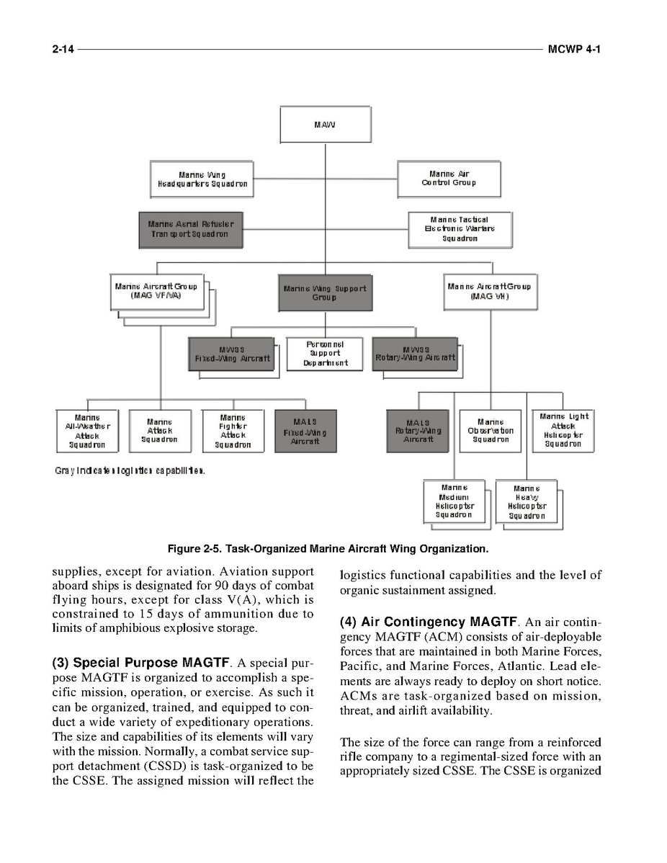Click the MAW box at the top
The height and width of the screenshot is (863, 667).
pos(325,124)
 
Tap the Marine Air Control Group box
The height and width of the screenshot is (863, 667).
pos(448,178)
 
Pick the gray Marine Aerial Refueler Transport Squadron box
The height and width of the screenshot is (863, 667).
pos(191,229)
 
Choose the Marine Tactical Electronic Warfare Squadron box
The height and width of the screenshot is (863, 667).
pos(460,229)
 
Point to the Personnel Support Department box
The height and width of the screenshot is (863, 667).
pos(325,354)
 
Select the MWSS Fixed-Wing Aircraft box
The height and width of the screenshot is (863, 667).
pos(232,354)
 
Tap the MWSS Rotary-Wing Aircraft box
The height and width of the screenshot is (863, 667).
pos(416,354)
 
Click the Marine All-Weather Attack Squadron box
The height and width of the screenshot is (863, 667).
pos(87,431)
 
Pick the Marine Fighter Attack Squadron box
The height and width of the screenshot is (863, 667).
pos(233,431)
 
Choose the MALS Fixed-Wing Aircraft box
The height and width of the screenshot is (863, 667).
pos(305,431)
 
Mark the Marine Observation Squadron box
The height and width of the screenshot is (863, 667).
pos(490,431)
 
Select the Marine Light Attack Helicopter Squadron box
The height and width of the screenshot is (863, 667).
pos(563,430)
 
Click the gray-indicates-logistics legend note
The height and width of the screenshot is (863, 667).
pos(130,471)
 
